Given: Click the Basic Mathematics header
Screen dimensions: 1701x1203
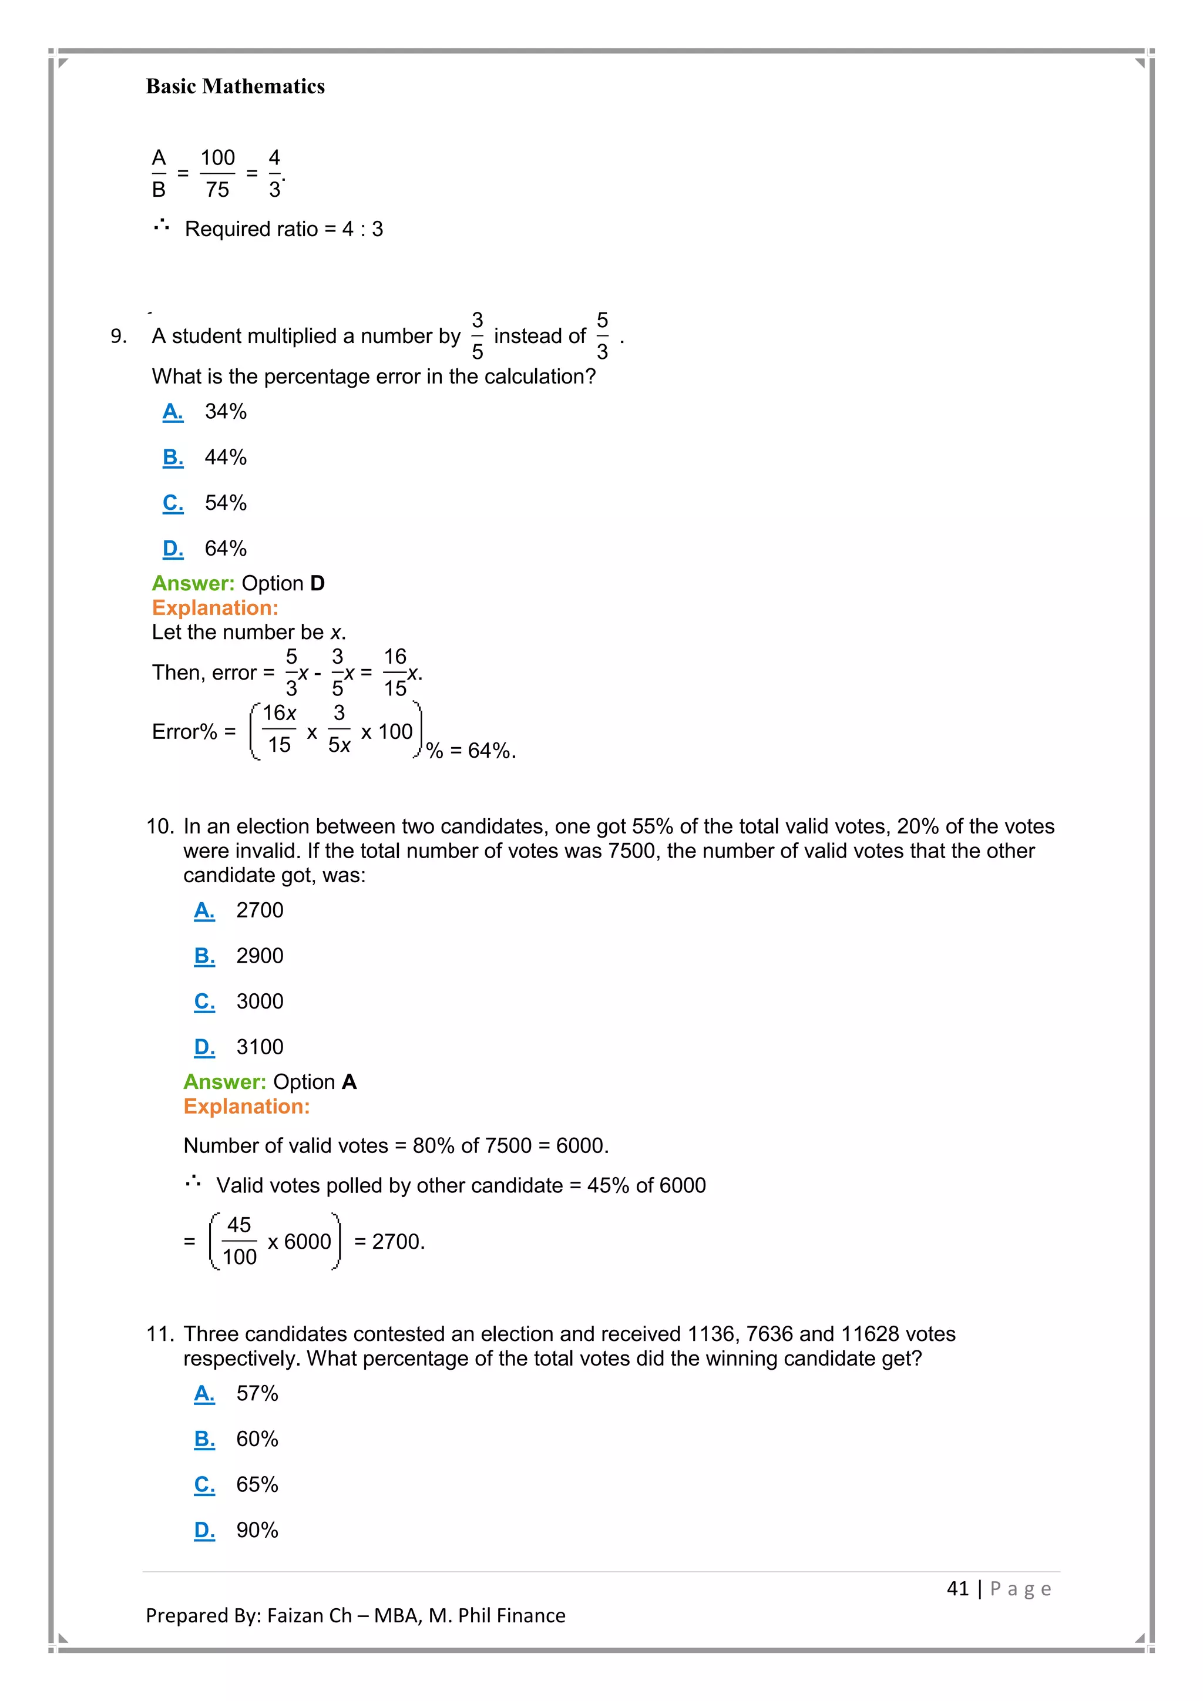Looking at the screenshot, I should pos(235,87).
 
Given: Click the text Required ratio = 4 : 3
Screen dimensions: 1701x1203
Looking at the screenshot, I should pos(284,229).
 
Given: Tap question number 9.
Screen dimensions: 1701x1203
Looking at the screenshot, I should pos(119,337).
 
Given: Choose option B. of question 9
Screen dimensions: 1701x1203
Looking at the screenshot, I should pos(173,457).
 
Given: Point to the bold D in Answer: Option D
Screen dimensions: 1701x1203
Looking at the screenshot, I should pos(317,583).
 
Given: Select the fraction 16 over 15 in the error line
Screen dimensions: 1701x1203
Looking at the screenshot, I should pos(395,673).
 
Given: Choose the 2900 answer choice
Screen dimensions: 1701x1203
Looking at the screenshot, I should pos(259,956).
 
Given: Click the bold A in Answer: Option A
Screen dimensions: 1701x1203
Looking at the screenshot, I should pos(349,1082).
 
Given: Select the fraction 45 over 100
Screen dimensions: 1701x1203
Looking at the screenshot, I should pos(238,1241).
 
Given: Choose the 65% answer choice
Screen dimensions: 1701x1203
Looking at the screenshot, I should pos(257,1485).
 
